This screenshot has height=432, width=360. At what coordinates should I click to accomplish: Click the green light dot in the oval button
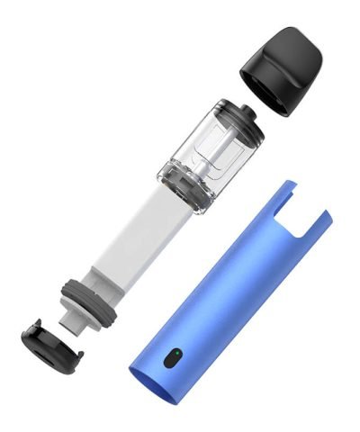pos(175,354)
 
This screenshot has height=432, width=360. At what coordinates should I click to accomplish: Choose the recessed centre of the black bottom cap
pos(51,347)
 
